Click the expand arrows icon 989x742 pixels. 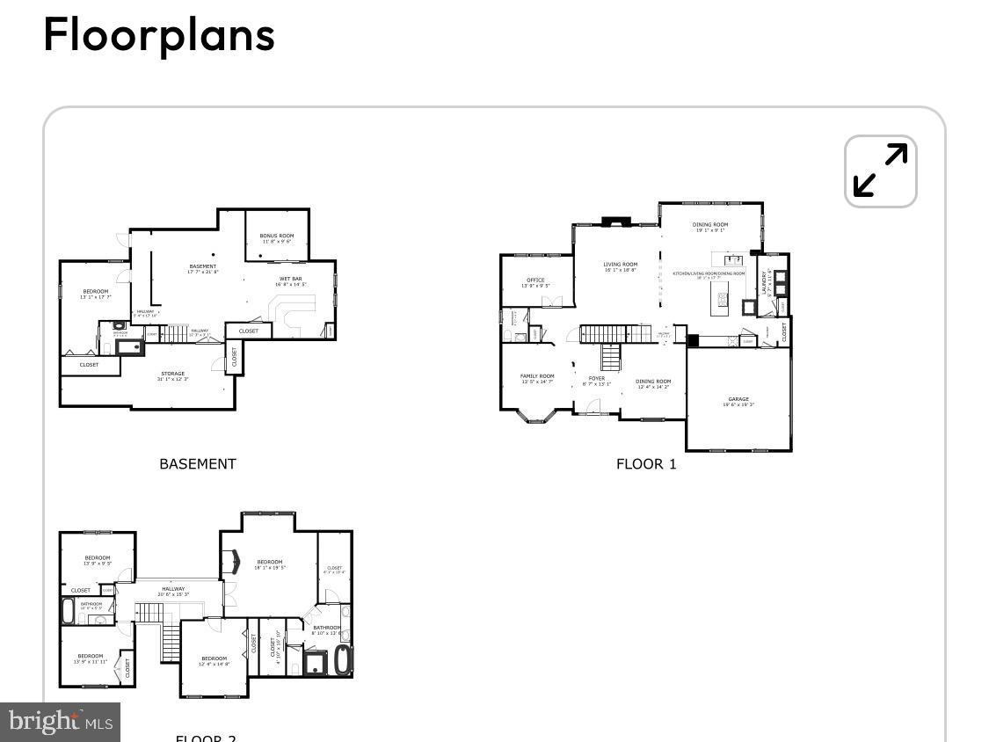[880, 171]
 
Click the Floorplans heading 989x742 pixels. [159, 35]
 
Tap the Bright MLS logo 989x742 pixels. [60, 722]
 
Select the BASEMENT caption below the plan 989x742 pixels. [197, 463]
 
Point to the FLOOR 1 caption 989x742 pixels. [646, 463]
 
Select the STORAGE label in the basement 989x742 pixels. [173, 375]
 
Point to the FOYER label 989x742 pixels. [596, 380]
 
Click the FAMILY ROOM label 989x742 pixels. [537, 377]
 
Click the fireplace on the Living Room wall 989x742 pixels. [612, 221]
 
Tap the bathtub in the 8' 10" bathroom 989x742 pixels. [342, 660]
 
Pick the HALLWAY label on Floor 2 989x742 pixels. [173, 591]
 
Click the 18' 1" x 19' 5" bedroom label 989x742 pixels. [270, 564]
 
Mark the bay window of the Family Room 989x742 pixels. [535, 418]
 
